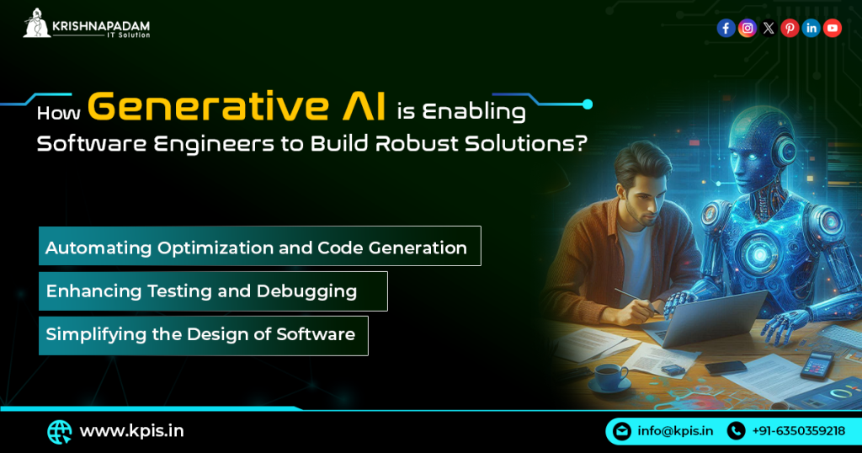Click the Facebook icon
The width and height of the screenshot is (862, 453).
click(x=726, y=29)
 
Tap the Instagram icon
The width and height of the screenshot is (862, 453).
click(x=747, y=29)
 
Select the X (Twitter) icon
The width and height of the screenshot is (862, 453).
click(x=769, y=29)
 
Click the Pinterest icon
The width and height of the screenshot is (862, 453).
click(x=790, y=29)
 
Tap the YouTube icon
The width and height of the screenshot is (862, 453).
click(x=833, y=29)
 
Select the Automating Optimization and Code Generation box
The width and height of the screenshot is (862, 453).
click(x=259, y=247)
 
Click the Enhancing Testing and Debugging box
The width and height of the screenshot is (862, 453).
click(x=212, y=291)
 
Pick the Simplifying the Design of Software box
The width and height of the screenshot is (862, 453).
click(x=202, y=335)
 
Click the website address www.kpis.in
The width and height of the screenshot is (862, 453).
click(x=131, y=431)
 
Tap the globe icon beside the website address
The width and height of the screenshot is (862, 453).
click(x=59, y=432)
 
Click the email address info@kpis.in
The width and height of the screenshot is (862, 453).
click(x=675, y=431)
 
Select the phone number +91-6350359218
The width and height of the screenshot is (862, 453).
click(x=798, y=431)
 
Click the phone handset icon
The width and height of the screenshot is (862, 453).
click(x=736, y=431)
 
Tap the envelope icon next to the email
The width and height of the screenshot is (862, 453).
click(x=622, y=431)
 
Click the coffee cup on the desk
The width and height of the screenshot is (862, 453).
click(x=607, y=374)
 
